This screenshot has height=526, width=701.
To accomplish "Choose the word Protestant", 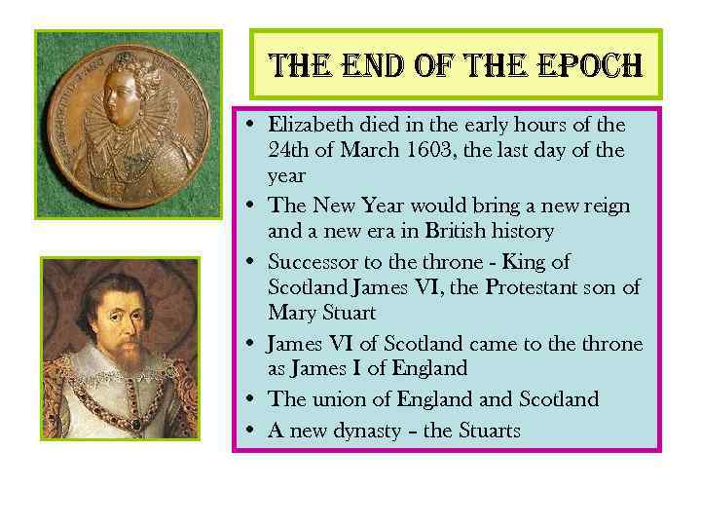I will (x=537, y=287).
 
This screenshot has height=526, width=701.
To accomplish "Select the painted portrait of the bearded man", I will (x=121, y=348).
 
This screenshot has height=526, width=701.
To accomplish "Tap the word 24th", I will (x=288, y=151).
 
